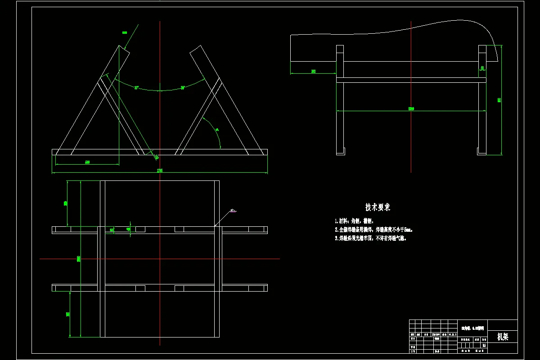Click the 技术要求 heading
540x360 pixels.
[x=378, y=207]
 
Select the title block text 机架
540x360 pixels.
[x=503, y=337]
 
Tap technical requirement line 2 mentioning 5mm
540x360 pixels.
[x=374, y=229]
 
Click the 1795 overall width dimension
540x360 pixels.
[x=159, y=171]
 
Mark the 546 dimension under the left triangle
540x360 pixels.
[x=87, y=162]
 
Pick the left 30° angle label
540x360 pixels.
[x=136, y=88]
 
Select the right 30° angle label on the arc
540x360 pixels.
[x=183, y=88]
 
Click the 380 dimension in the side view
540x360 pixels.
[x=313, y=71]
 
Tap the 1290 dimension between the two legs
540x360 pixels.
[x=411, y=108]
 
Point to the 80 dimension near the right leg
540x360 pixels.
[x=482, y=68]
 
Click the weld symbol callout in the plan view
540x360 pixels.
[x=233, y=210]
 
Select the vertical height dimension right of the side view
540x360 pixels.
[x=499, y=100]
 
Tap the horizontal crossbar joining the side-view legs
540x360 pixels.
[x=411, y=80]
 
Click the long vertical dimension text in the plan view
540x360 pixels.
[x=79, y=259]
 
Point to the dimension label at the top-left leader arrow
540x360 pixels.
[x=125, y=32]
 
